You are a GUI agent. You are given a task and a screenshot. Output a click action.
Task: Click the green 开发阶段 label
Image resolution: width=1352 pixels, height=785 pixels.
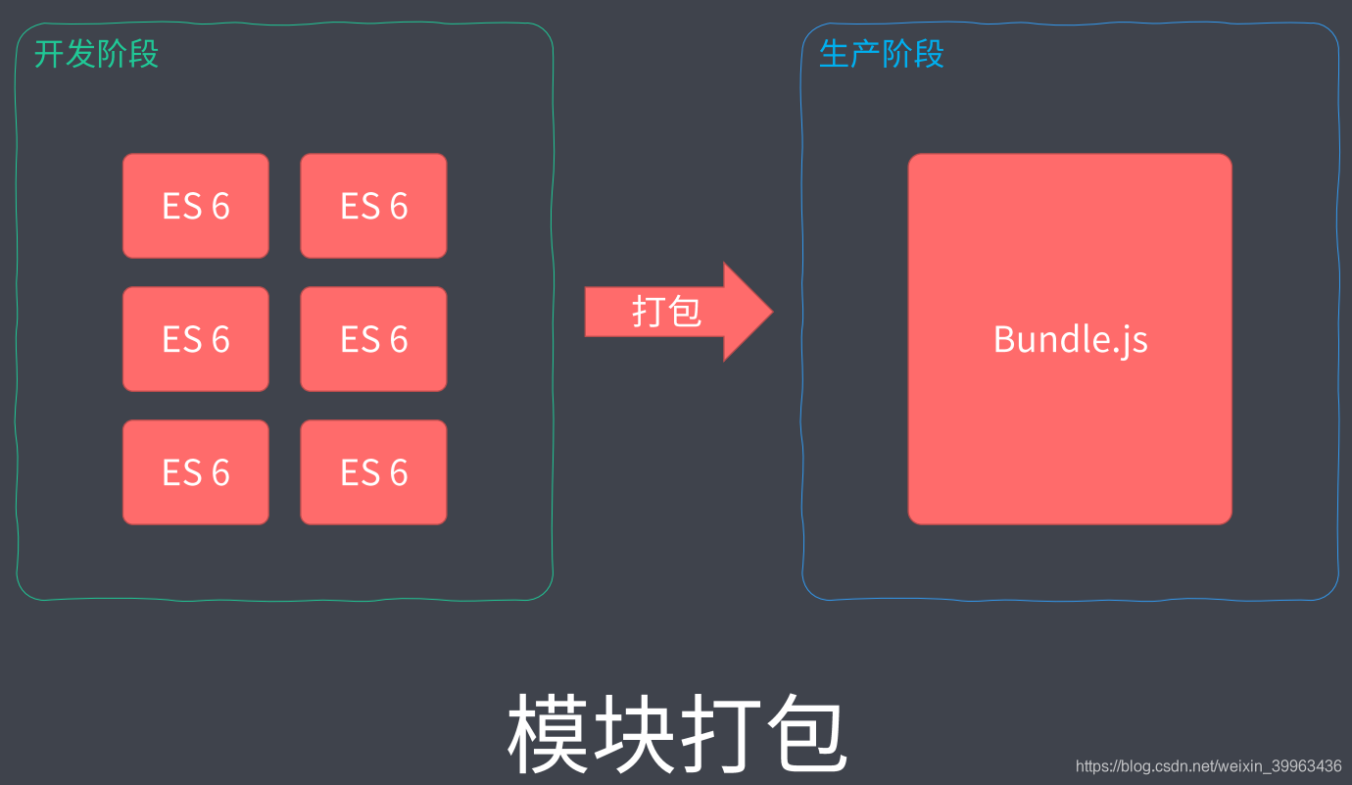coord(96,54)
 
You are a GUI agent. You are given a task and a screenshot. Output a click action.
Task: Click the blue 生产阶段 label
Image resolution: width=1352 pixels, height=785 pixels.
coord(881,54)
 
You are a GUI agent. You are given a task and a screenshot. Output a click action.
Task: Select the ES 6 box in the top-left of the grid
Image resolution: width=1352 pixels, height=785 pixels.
coord(196,206)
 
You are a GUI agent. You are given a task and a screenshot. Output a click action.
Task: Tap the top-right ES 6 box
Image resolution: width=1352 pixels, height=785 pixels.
coord(373,206)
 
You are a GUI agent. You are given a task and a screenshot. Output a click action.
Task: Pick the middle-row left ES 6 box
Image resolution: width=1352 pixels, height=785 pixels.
coord(196,339)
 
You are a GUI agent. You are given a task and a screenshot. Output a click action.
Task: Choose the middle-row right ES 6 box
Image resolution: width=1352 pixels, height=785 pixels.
coord(373,339)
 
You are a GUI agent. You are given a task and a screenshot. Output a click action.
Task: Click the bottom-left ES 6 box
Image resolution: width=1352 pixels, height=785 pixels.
coord(196,472)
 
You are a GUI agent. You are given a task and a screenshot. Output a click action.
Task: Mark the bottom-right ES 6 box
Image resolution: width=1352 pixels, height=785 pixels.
coord(373,472)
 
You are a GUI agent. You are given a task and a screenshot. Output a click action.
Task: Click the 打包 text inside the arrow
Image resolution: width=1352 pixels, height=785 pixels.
coord(666,312)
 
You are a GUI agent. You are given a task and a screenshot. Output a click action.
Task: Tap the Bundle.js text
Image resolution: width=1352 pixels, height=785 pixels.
coord(1070,339)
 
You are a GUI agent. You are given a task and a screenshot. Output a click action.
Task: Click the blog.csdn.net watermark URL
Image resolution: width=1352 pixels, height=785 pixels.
coord(1208,765)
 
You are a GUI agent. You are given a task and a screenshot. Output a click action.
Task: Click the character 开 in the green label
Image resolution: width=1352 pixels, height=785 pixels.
coord(49,54)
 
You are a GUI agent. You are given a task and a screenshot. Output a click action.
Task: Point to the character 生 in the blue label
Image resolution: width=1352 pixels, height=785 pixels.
coord(834,54)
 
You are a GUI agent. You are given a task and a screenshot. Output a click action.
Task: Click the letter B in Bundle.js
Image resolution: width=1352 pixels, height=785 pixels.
coord(1004,339)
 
